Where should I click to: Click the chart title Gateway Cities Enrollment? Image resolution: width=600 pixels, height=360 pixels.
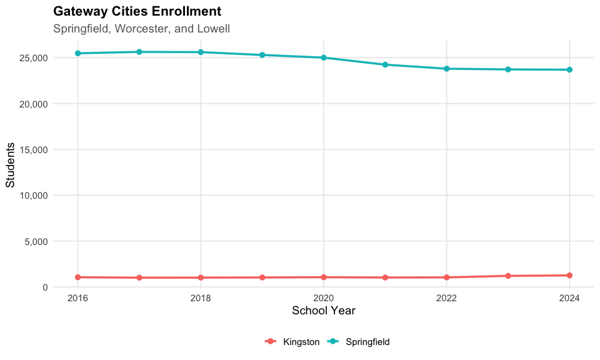click(137, 11)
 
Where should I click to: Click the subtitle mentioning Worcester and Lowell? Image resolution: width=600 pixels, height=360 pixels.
click(142, 29)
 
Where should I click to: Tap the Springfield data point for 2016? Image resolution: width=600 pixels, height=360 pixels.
click(77, 53)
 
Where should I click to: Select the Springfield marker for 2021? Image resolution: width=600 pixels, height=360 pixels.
click(385, 64)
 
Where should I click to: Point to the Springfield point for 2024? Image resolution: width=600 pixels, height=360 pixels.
click(570, 69)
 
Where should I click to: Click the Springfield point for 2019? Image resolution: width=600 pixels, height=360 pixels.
click(262, 55)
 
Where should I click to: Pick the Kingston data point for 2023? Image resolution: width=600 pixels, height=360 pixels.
click(508, 276)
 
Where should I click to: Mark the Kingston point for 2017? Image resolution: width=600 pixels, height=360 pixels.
click(139, 277)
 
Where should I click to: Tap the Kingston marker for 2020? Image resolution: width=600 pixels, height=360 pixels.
click(324, 277)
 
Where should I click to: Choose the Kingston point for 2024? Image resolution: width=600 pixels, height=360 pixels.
click(570, 275)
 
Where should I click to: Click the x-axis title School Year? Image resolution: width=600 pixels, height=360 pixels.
click(324, 311)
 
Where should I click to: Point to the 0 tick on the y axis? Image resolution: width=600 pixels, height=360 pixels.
click(46, 287)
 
